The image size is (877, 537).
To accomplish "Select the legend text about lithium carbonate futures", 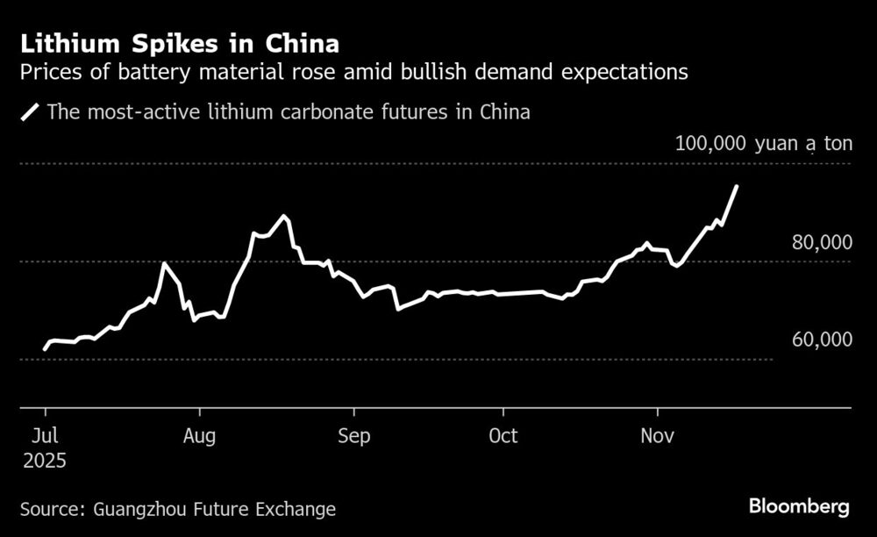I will [x=289, y=112].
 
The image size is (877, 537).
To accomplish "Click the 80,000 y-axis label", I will [x=821, y=243].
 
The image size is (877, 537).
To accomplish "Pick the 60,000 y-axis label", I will [x=821, y=340].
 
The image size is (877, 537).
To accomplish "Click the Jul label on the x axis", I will [x=45, y=436].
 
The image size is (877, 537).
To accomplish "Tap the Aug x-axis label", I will [x=200, y=436].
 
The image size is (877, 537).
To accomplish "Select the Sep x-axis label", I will [x=353, y=436].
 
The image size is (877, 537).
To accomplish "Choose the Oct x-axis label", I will [x=503, y=436].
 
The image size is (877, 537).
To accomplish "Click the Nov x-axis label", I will [x=657, y=436].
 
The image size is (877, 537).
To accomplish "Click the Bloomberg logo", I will [x=798, y=506].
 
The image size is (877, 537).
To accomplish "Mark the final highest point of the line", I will [x=737, y=186].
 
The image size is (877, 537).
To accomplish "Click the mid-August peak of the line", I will [x=282, y=216].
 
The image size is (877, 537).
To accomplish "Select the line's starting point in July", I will [x=45, y=349].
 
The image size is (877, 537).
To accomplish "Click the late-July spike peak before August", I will [x=164, y=263].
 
